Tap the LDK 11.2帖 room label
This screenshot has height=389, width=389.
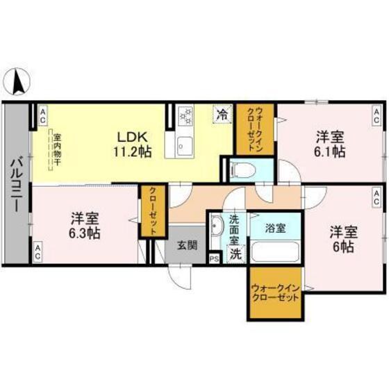130,141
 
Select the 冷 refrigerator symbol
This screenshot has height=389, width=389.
222,113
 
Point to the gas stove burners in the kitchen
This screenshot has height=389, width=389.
185,117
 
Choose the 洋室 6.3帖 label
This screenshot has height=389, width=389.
84,226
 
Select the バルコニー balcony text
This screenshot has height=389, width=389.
16,184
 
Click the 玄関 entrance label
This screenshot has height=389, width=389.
185,244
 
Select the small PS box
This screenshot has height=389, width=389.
213,258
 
